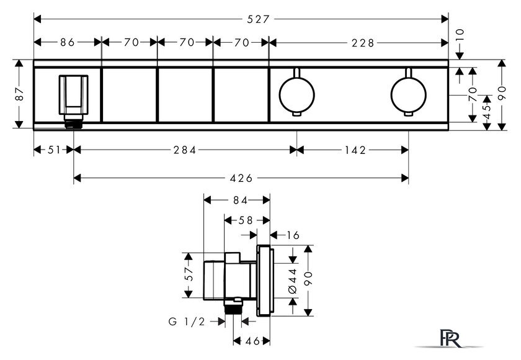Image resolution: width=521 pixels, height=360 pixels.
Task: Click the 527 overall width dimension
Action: [258, 19]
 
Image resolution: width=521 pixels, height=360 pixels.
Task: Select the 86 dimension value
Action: [68, 42]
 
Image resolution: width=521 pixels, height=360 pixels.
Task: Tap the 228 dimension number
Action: [363, 43]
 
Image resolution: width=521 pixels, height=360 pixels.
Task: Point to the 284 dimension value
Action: [185, 150]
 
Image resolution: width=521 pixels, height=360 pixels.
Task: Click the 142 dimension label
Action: [355, 150]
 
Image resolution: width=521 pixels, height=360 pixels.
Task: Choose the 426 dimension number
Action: [241, 179]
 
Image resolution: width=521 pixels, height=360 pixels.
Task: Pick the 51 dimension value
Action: [55, 150]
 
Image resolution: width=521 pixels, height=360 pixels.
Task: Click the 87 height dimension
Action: [20, 94]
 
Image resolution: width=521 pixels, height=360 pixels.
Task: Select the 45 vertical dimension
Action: [487, 112]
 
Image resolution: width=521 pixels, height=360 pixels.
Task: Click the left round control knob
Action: [296, 94]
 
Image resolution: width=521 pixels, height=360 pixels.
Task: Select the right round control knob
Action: [408, 94]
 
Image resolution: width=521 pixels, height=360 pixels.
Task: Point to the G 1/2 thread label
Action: [187, 322]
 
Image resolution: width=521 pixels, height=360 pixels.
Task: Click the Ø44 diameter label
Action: [292, 281]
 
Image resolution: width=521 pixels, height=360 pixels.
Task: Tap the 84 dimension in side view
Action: [240, 200]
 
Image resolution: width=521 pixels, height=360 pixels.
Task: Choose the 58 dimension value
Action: [246, 220]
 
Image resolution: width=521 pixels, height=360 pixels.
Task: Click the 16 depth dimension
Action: [293, 235]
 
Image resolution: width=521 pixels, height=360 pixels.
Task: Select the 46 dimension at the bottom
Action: [252, 341]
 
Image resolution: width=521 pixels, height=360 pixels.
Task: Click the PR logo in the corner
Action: [452, 338]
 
